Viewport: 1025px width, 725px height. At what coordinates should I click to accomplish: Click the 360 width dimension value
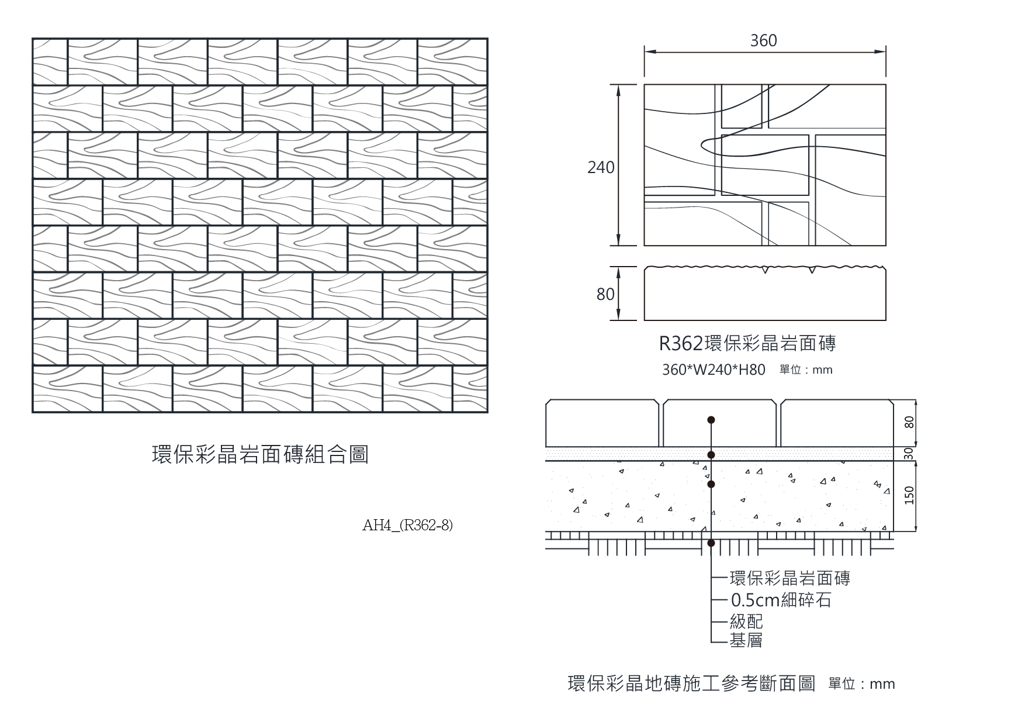tap(764, 40)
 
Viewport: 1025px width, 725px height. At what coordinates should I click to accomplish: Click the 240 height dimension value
tap(601, 168)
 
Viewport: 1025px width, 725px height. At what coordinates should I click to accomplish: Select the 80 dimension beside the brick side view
tap(605, 294)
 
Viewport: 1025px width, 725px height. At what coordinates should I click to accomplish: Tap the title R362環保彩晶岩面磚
tap(747, 343)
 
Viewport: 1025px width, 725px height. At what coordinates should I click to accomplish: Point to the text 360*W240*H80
tap(714, 370)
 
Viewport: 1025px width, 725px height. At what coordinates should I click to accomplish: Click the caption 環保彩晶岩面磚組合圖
tap(260, 454)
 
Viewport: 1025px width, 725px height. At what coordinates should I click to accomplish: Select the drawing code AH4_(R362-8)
tap(407, 525)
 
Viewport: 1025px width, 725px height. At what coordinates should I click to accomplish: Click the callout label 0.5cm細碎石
tap(781, 600)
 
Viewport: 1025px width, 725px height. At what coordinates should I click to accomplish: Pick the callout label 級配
tap(746, 621)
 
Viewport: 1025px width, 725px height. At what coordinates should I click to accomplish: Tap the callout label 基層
tap(746, 640)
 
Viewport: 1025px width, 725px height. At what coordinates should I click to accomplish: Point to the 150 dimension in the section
tap(909, 495)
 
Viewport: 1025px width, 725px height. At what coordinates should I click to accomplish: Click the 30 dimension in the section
tap(909, 454)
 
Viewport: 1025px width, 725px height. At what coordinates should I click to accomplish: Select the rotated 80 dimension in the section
tap(909, 422)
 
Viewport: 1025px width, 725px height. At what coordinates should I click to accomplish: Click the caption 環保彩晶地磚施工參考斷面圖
tap(691, 683)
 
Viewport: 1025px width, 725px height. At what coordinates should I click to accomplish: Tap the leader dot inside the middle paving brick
tap(711, 419)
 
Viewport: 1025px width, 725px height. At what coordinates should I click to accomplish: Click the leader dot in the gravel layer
tap(711, 484)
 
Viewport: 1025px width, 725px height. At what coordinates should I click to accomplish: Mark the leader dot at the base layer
tap(711, 543)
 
